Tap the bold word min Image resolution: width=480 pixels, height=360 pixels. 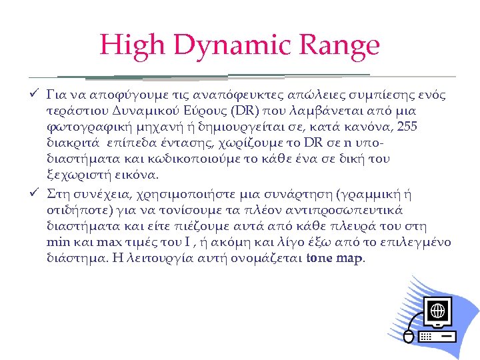click(58, 242)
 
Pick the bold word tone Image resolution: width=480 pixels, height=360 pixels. click(321, 259)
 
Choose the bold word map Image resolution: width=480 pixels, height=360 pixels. click(351, 259)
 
